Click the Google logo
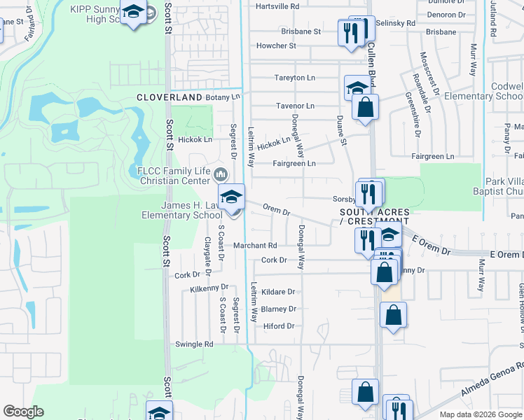point(23,412)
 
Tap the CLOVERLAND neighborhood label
point(169,97)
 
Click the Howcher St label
point(276,45)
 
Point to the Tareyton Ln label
point(295,78)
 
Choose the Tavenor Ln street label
point(295,106)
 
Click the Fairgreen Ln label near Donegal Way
point(294,163)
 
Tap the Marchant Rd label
point(255,246)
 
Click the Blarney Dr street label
point(279,309)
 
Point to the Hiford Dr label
point(279,325)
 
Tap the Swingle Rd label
point(194,344)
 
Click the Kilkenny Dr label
point(210,287)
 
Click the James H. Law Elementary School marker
point(232,196)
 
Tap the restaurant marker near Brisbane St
point(350,32)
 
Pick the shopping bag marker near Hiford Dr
point(394,314)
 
